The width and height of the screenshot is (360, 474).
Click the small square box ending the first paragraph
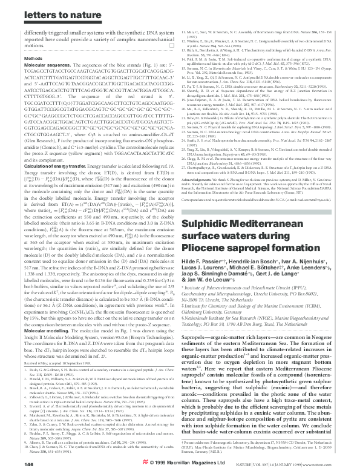(171, 45)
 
